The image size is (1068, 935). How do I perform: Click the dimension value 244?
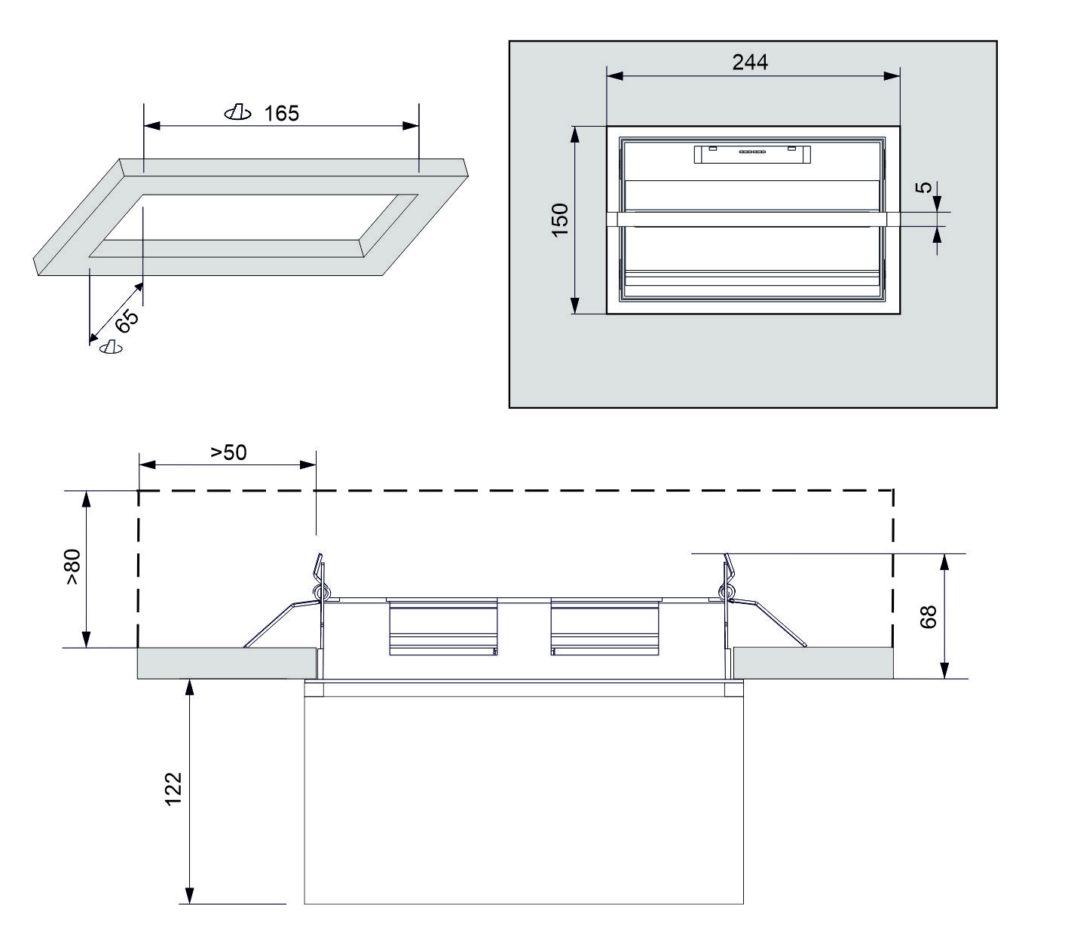[750, 63]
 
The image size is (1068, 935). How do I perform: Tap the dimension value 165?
[281, 113]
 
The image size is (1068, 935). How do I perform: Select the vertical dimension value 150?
[560, 219]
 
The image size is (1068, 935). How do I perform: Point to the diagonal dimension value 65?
[127, 320]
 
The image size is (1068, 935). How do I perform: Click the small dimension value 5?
[924, 187]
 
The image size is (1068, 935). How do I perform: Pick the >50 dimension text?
[228, 452]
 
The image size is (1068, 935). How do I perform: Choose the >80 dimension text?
[73, 567]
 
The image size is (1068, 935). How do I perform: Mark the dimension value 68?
[929, 617]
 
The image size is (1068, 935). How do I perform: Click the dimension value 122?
[173, 789]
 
